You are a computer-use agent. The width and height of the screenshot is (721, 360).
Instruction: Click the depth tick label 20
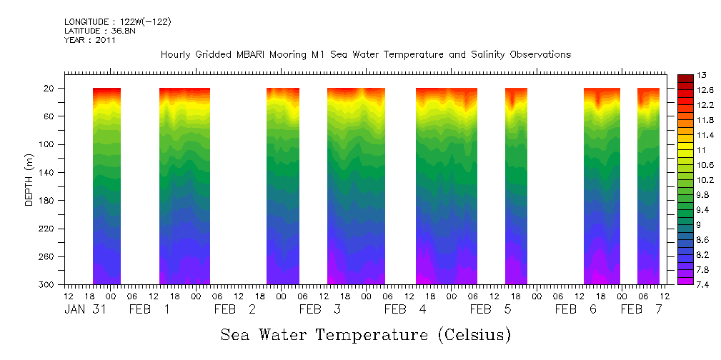point(50,89)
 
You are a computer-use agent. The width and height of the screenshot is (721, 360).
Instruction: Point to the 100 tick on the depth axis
point(48,145)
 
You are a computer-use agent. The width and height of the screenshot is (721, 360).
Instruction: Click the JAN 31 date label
point(85,309)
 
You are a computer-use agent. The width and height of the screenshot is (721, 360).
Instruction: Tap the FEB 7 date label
point(641,309)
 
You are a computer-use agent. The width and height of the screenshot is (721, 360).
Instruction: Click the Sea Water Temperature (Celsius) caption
point(365,334)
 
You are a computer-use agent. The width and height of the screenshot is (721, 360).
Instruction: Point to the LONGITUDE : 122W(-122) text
point(117,21)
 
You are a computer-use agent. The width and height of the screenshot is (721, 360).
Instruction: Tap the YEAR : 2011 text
point(90,40)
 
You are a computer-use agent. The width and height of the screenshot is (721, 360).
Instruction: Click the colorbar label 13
point(702,75)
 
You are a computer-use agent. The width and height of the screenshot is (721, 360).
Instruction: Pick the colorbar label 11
point(702,150)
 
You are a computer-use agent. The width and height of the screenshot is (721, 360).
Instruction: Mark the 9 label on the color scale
point(700,225)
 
